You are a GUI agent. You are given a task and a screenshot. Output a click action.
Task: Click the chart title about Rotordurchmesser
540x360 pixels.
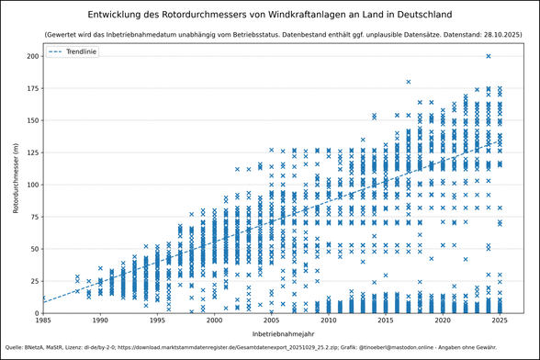coord(270,16)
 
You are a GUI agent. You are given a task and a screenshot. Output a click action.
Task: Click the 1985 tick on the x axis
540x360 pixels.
coord(43,321)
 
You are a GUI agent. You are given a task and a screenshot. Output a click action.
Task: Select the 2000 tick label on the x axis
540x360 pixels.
coord(214,321)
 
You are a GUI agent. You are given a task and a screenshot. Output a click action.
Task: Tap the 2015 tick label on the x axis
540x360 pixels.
coord(386,321)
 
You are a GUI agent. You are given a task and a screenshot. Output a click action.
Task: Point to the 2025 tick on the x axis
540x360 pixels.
coord(500,321)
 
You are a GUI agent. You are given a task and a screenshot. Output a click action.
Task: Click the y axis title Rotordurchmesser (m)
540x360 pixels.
coord(16,179)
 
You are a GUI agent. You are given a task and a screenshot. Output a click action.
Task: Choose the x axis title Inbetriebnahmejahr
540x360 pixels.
coord(271,333)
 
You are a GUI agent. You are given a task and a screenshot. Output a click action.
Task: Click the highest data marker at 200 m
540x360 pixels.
coord(489,56)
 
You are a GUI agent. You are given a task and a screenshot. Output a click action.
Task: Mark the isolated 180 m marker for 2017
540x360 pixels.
coord(409,82)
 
